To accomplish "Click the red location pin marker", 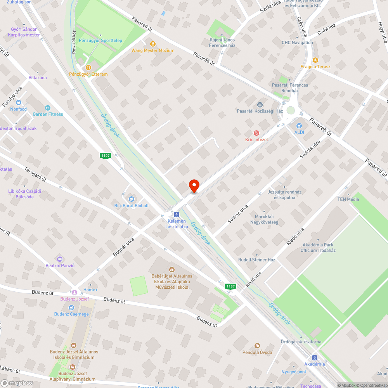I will click(x=194, y=186).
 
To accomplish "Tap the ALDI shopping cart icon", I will click(x=299, y=125).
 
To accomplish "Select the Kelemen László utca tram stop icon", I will click(x=177, y=214).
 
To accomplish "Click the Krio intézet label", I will click(x=256, y=139).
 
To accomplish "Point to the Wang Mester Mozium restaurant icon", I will click(x=153, y=44).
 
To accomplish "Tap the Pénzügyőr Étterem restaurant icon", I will click(x=88, y=67).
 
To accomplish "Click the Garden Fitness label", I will click(x=48, y=114).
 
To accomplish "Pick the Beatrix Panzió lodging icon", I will click(x=60, y=259).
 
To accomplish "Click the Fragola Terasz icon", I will click(x=315, y=60).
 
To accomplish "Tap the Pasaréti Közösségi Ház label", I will click(x=260, y=111).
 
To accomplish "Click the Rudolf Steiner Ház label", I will click(x=256, y=260).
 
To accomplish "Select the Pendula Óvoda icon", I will click(x=257, y=345).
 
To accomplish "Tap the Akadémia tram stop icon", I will click(x=314, y=357).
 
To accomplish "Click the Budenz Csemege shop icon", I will click(x=71, y=307).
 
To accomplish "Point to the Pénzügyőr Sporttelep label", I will click(x=100, y=40).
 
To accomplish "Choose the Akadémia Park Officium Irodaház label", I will click(x=318, y=248).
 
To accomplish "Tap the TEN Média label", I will click(x=348, y=199).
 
